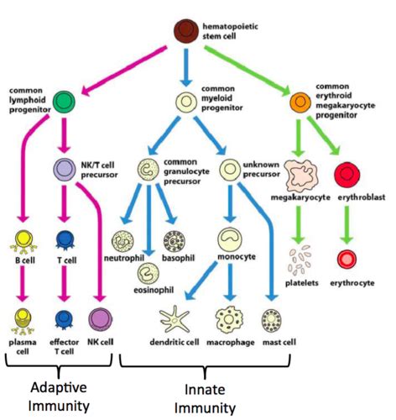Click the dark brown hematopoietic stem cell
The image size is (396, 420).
[186, 31]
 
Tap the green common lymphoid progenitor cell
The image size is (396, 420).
[64, 102]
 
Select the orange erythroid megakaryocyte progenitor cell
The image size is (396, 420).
[300, 102]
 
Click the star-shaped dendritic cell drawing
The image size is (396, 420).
[175, 318]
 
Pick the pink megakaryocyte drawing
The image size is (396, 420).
[300, 176]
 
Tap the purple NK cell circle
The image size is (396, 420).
[101, 319]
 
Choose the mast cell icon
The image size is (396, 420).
[271, 320]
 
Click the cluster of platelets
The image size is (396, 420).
[300, 260]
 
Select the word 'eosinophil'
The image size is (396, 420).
[154, 290]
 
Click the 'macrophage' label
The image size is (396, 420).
[231, 342]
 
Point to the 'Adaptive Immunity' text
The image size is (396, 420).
[59, 396]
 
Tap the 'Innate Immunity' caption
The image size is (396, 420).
[205, 399]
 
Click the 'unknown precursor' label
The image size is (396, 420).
[261, 169]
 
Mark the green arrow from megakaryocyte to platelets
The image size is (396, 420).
[299, 225]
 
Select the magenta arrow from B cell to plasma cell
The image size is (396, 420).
[23, 283]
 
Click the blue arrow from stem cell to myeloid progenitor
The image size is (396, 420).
[186, 68]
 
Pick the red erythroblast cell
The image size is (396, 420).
[347, 175]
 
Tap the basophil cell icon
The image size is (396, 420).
[175, 241]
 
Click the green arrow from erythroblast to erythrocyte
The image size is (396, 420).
[346, 225]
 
